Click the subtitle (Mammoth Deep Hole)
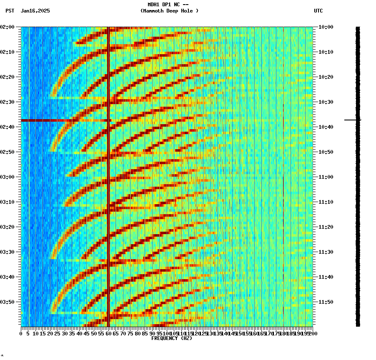coord(169,11)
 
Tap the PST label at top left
coord(10,11)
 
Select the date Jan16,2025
coord(35,11)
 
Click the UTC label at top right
coord(318,11)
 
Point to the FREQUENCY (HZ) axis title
coord(172,338)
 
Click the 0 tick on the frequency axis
coord(21,333)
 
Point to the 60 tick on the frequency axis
coord(108,333)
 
